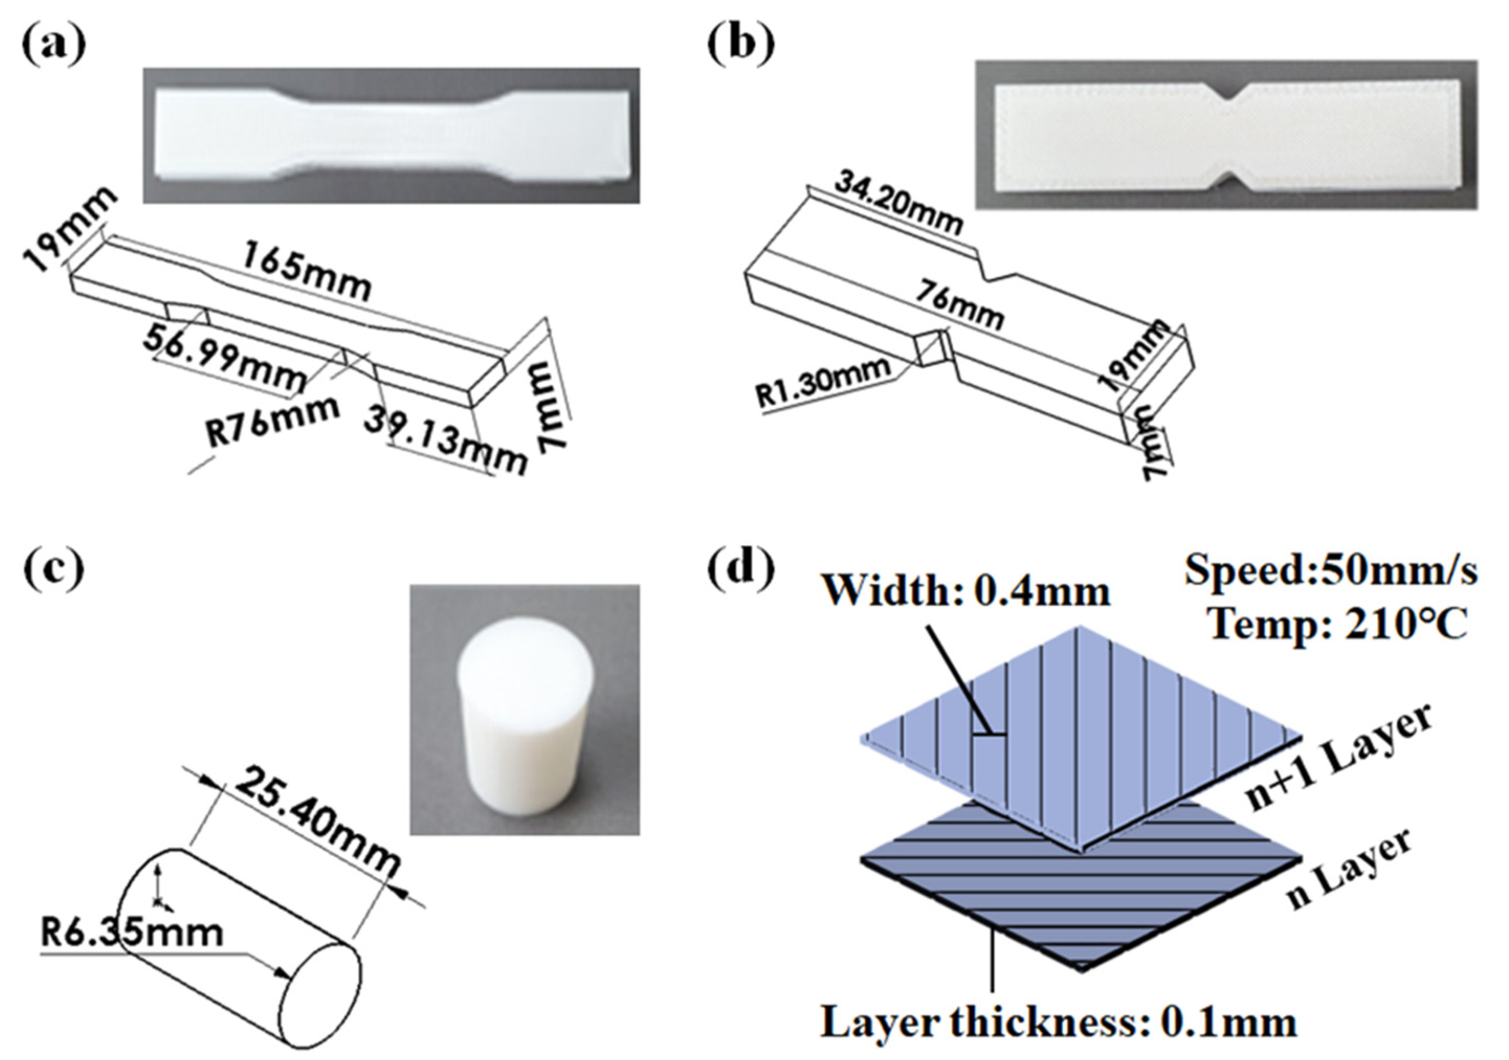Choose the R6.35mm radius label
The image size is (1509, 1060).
pos(131,934)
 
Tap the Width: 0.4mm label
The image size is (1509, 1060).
pos(967,591)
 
